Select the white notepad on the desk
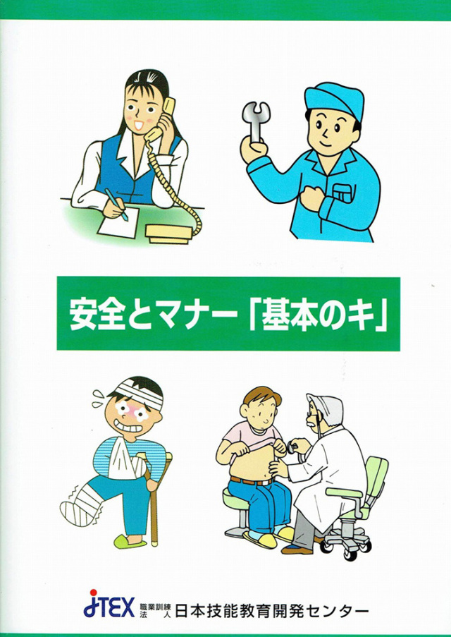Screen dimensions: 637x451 click(x=112, y=225)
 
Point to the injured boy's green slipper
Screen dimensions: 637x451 click(x=131, y=542)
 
